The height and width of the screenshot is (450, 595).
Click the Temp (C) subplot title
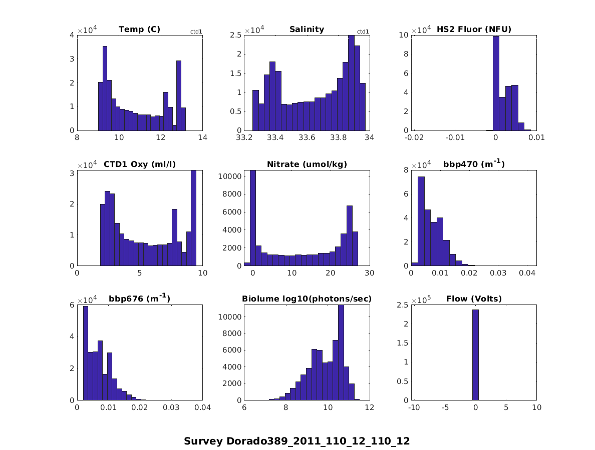click(x=139, y=29)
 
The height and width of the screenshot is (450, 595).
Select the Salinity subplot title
click(x=307, y=29)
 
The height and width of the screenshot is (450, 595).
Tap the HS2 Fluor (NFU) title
click(x=474, y=29)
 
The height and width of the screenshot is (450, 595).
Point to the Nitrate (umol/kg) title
click(x=307, y=164)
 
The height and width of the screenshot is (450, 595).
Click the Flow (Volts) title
click(x=474, y=299)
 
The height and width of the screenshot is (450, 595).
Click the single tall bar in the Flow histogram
click(x=475, y=355)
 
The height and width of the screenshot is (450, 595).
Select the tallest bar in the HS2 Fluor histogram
click(x=496, y=83)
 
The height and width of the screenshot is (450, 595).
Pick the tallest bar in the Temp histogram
click(x=105, y=88)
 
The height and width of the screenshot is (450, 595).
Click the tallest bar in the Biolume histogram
click(x=341, y=352)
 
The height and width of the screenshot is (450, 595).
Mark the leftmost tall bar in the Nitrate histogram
click(x=252, y=218)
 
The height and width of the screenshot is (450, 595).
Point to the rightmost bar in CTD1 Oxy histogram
click(x=193, y=218)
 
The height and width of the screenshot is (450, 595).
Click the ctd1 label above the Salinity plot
click(x=363, y=32)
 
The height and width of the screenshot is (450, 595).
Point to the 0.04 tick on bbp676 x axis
click(x=202, y=407)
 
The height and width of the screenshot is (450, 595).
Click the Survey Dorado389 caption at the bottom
click(x=297, y=441)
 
